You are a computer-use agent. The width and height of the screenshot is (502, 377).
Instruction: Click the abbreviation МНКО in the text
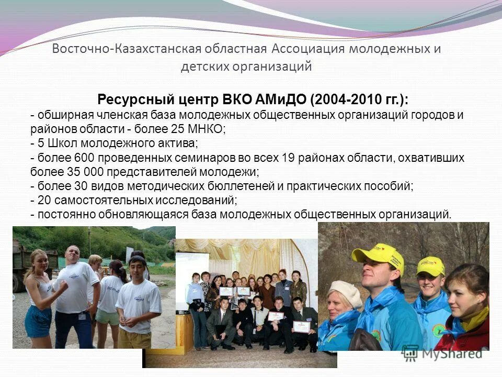[x=208, y=129]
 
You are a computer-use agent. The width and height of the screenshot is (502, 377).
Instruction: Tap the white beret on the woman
[x=345, y=293]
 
